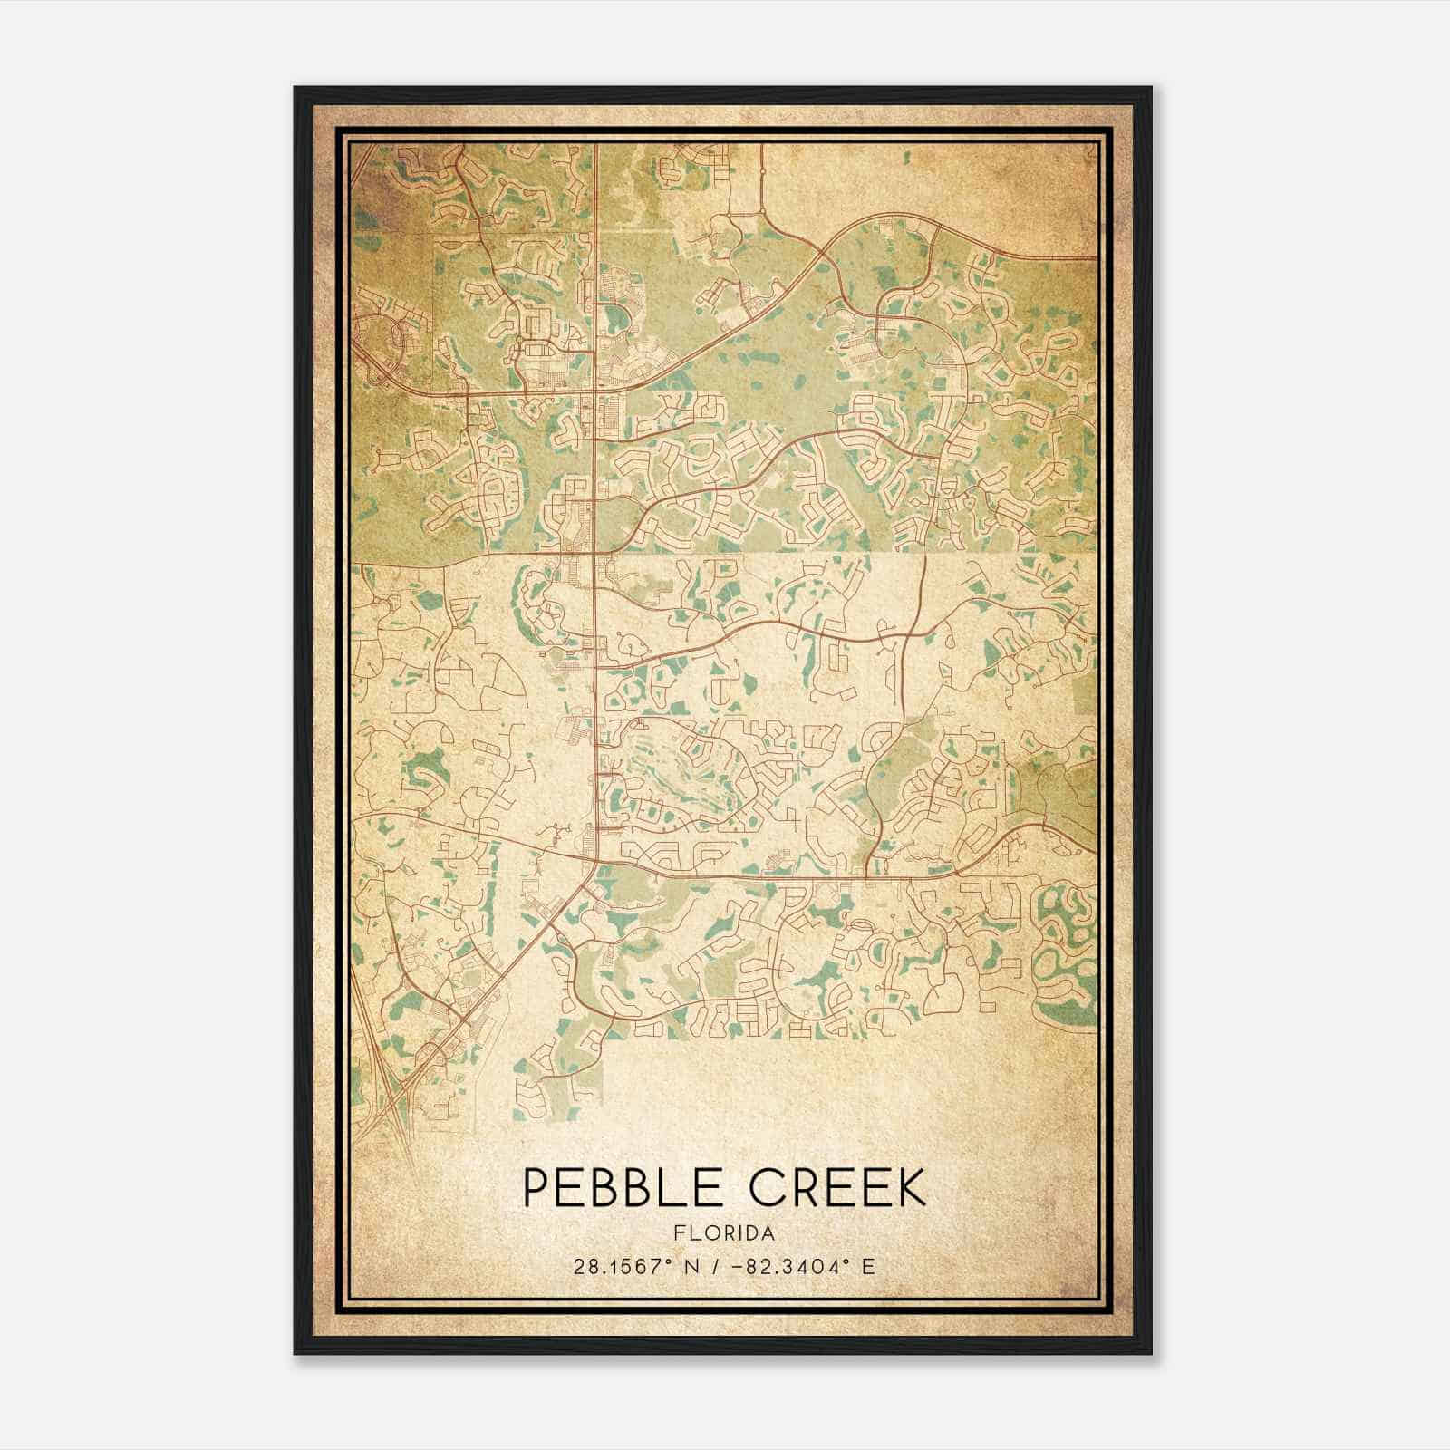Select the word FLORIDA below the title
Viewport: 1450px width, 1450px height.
724,1233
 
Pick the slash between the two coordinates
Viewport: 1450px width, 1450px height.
715,1267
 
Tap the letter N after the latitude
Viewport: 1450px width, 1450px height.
691,1267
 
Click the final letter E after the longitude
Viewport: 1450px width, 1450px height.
868,1267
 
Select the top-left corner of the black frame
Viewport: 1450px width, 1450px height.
296,89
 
